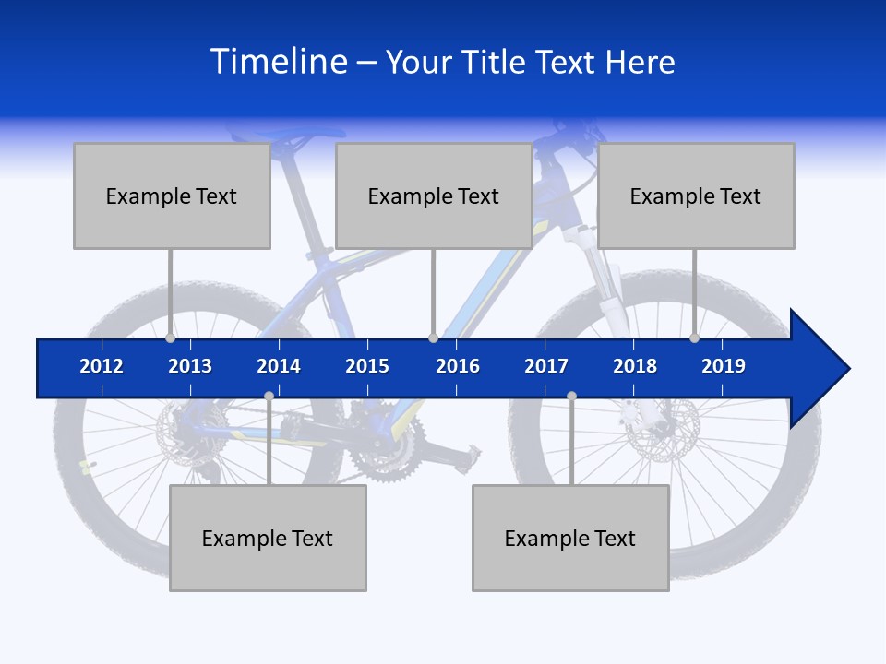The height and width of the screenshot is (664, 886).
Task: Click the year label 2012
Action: [102, 366]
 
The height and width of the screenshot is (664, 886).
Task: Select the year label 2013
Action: [190, 366]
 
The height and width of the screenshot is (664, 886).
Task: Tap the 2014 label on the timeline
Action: [279, 366]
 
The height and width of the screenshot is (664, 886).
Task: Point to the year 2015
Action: [367, 366]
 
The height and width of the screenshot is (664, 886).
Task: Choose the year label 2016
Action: [458, 366]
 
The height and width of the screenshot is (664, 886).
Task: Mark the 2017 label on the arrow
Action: [546, 366]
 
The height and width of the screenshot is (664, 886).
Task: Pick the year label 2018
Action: [635, 366]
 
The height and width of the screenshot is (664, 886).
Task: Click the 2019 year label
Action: [724, 366]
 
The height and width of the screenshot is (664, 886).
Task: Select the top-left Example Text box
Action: [172, 196]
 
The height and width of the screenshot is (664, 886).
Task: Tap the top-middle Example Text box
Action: [434, 196]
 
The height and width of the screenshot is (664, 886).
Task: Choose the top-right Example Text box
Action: [696, 196]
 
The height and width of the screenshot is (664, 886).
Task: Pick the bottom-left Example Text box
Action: [268, 538]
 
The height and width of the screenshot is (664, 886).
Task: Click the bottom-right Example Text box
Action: [570, 538]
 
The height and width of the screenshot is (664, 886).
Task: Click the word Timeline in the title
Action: [278, 62]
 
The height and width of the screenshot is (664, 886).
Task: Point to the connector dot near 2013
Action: [171, 338]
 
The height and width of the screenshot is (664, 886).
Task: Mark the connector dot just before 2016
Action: [433, 338]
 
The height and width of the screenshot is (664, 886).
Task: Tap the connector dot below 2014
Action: [269, 397]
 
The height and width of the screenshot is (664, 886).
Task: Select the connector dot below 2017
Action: [571, 397]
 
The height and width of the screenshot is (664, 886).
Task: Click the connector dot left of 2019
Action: [695, 338]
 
